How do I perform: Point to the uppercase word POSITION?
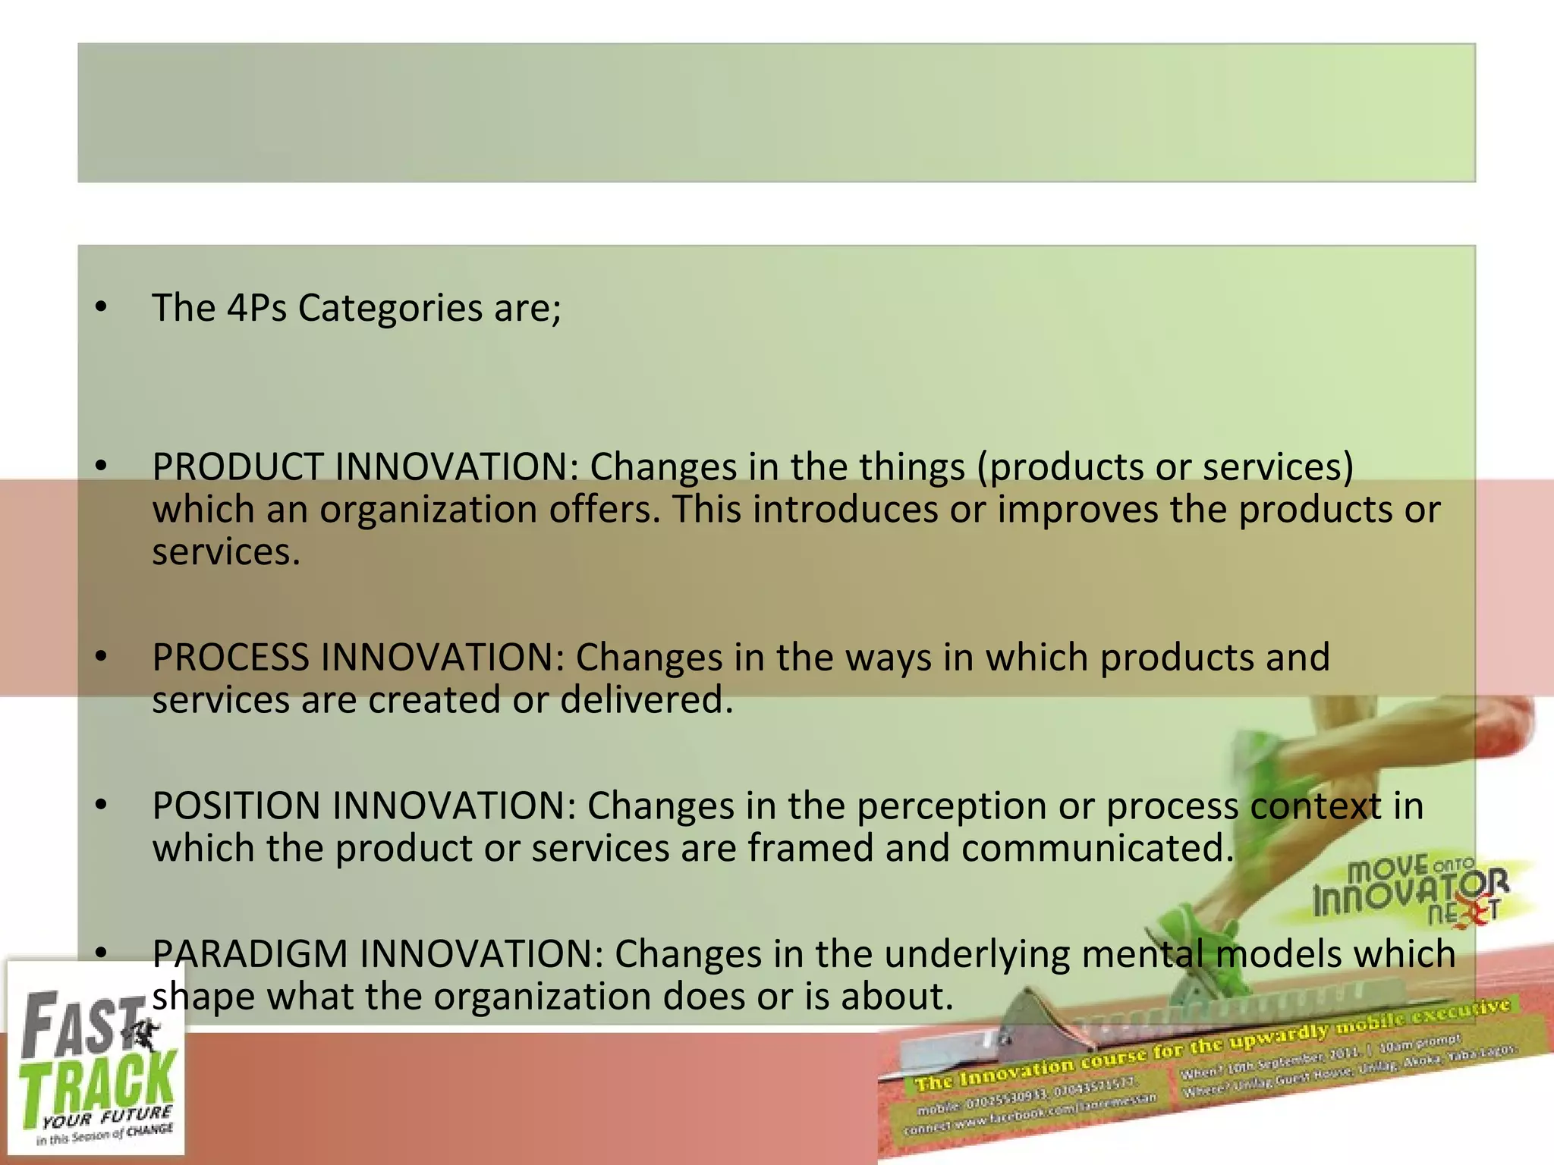click(x=236, y=805)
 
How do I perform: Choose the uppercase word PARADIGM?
click(x=250, y=954)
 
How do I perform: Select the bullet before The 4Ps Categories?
click(x=102, y=308)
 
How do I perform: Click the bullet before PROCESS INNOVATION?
click(x=102, y=657)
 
